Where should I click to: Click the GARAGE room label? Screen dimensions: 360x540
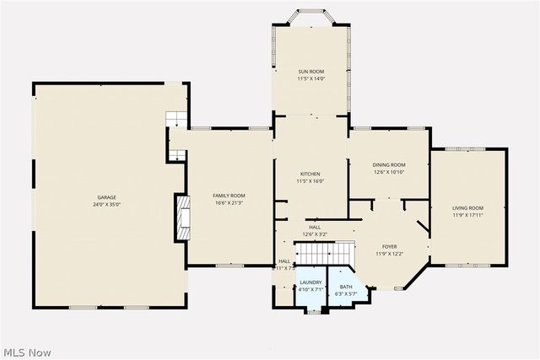pyautogui.click(x=106, y=196)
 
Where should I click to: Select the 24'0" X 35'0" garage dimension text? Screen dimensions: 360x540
pyautogui.click(x=106, y=204)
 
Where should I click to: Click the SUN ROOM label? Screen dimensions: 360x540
pyautogui.click(x=310, y=72)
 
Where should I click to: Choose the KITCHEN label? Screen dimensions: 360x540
pyautogui.click(x=310, y=174)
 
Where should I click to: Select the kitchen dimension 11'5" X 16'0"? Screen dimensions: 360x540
pyautogui.click(x=310, y=181)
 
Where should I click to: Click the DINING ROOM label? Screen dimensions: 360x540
pyautogui.click(x=389, y=164)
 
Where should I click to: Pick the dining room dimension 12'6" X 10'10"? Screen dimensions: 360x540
pyautogui.click(x=389, y=172)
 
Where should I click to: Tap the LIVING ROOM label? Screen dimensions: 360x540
pyautogui.click(x=467, y=207)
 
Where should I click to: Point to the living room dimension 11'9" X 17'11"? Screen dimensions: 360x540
pyautogui.click(x=467, y=215)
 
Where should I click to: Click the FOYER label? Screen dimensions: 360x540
pyautogui.click(x=389, y=246)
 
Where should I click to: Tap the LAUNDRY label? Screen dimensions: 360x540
pyautogui.click(x=310, y=282)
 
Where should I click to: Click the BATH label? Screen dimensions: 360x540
pyautogui.click(x=347, y=286)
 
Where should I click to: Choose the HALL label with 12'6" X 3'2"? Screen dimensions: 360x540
pyautogui.click(x=314, y=230)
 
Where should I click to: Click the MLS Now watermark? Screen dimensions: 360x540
pyautogui.click(x=27, y=351)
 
